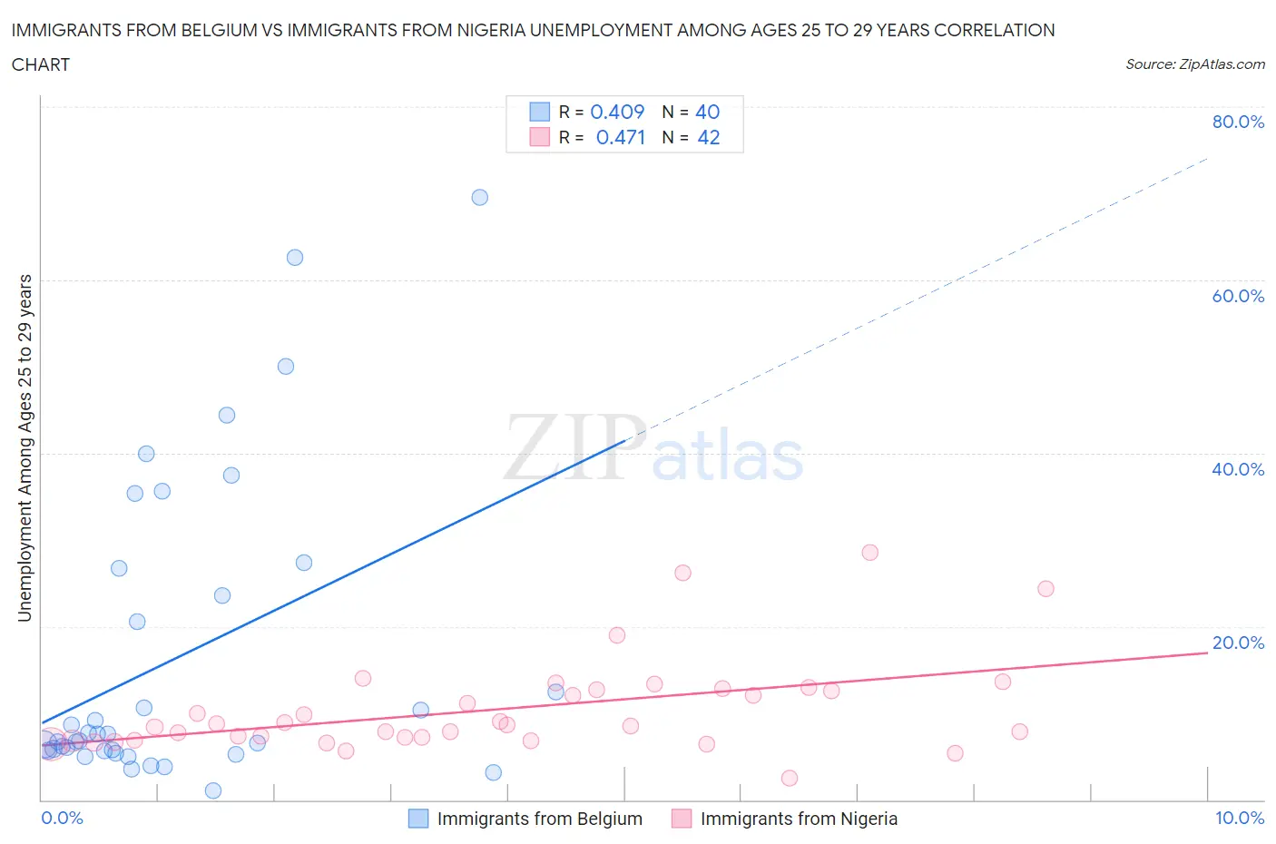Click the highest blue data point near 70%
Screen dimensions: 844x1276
[x=480, y=197]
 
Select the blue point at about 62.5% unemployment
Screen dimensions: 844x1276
[x=295, y=258]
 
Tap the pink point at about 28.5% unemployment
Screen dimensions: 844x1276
[x=870, y=553]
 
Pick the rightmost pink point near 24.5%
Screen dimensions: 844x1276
[x=1045, y=588]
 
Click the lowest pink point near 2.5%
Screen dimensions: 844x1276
[x=790, y=778]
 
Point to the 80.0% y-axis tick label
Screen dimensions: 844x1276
[x=1238, y=122]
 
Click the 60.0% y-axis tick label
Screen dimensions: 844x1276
[x=1238, y=296]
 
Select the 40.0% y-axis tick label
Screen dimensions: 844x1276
[x=1238, y=469]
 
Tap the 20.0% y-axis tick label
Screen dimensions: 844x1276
[x=1238, y=643]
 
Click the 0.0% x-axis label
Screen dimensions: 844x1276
[x=63, y=818]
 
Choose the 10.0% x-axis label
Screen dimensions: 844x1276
[x=1240, y=818]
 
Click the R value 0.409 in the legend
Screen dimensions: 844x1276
[x=617, y=112]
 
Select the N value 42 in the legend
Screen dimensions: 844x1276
[x=708, y=137]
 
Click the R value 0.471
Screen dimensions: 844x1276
[x=621, y=137]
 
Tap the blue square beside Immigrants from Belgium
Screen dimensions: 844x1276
[x=418, y=819]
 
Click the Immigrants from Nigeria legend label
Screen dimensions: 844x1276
[x=799, y=819]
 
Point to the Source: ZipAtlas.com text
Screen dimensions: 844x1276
[x=1194, y=64]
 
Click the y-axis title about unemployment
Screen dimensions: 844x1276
[x=25, y=447]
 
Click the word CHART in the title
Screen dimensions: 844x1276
[x=41, y=64]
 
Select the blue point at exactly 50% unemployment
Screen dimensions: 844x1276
[x=286, y=367]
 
